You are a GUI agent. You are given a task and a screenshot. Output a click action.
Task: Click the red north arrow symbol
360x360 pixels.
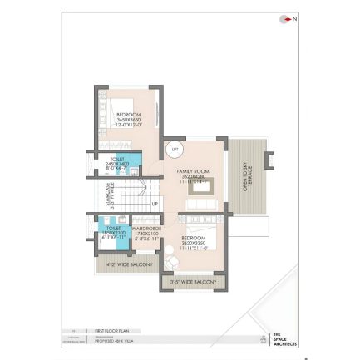285,19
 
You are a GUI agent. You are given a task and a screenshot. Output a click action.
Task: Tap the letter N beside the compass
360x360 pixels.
293,19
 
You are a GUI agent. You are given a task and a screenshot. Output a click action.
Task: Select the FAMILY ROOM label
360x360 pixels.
192,175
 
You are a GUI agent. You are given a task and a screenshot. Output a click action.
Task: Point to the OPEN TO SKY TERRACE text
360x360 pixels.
246,176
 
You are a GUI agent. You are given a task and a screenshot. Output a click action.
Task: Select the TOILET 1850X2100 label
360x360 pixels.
113,232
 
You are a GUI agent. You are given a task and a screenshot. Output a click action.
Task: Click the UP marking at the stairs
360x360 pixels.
155,204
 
